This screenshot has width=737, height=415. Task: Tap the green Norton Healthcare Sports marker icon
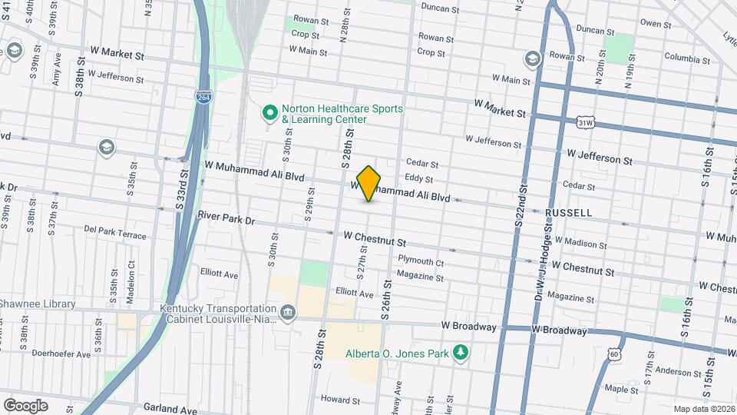(x=270, y=114)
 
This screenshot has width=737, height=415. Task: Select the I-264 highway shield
(x=203, y=98)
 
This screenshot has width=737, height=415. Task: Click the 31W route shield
(x=586, y=122)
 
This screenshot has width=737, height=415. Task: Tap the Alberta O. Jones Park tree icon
(x=461, y=352)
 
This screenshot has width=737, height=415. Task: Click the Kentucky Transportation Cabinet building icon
(x=288, y=312)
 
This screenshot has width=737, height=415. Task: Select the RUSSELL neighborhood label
(x=568, y=212)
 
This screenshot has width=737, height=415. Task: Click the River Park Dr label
(x=226, y=219)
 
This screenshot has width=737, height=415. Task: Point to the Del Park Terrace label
(x=115, y=231)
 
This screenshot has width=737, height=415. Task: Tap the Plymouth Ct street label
(x=421, y=262)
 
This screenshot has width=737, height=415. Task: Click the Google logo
(x=25, y=405)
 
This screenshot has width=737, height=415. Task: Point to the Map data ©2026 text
(x=704, y=409)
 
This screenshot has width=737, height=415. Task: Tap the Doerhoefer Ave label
(x=61, y=354)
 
